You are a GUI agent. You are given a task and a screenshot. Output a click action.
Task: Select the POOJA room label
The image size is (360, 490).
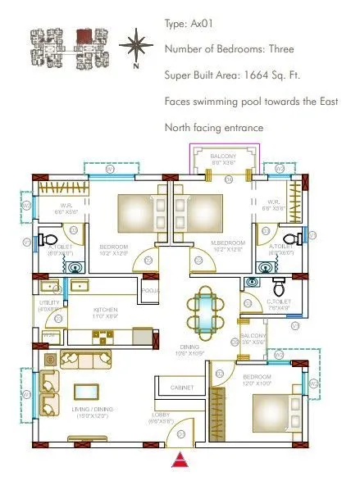(x=150, y=291)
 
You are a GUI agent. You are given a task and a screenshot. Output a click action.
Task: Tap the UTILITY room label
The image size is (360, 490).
(x=48, y=306)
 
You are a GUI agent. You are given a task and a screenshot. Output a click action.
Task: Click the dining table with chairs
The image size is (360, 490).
(x=202, y=311)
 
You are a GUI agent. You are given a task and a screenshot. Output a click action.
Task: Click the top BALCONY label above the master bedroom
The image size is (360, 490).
(x=223, y=157)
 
